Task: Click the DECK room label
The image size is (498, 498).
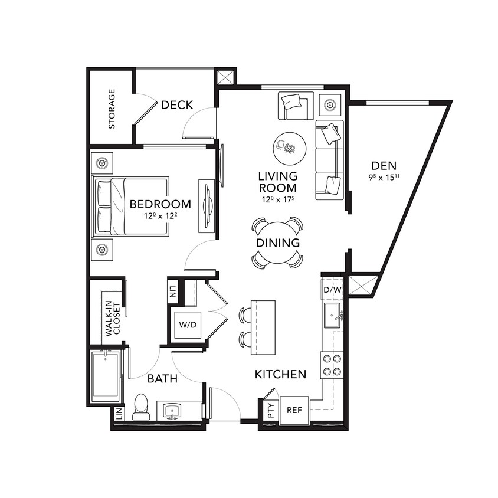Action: pyautogui.click(x=177, y=105)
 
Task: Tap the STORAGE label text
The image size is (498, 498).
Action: pyautogui.click(x=112, y=109)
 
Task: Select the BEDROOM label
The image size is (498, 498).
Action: pyautogui.click(x=160, y=204)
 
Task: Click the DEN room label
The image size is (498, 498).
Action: pyautogui.click(x=384, y=166)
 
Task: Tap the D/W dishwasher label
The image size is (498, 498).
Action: pyautogui.click(x=332, y=290)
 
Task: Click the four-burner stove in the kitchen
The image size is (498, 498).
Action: pyautogui.click(x=332, y=365)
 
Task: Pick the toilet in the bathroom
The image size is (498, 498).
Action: pyautogui.click(x=141, y=407)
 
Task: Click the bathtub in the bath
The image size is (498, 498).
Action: pyautogui.click(x=106, y=376)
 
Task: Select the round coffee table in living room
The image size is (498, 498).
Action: pyautogui.click(x=290, y=148)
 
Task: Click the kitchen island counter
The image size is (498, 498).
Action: pyautogui.click(x=263, y=327)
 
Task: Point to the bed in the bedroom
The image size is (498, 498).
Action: pyautogui.click(x=130, y=206)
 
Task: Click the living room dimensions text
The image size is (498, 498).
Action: pyautogui.click(x=277, y=199)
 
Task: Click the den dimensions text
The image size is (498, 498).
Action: pyautogui.click(x=384, y=178)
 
